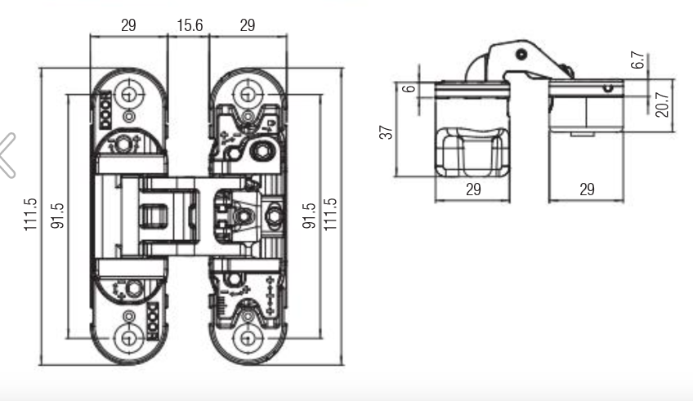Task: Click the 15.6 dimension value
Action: tap(190, 25)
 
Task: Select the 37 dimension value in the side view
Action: tap(386, 132)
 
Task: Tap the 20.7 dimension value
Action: tap(662, 105)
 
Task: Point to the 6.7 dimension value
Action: tap(637, 60)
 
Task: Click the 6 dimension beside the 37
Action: tap(409, 89)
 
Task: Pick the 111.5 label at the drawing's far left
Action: tap(30, 215)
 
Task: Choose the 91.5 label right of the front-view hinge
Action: tap(309, 216)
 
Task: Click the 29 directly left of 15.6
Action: tap(128, 25)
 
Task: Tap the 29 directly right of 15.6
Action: tap(248, 25)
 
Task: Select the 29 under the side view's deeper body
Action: tap(473, 189)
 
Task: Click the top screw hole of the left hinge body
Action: tap(129, 94)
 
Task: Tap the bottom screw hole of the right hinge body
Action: tap(248, 338)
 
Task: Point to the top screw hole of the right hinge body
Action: tap(248, 94)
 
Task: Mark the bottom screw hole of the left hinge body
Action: tap(129, 338)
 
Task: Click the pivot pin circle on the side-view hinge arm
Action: tap(521, 55)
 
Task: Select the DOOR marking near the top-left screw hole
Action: tap(105, 110)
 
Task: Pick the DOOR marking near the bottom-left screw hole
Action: tap(153, 322)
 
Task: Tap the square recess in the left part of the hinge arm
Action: tap(154, 216)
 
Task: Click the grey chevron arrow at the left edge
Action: tap(7, 155)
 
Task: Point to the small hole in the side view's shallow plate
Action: tap(608, 88)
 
